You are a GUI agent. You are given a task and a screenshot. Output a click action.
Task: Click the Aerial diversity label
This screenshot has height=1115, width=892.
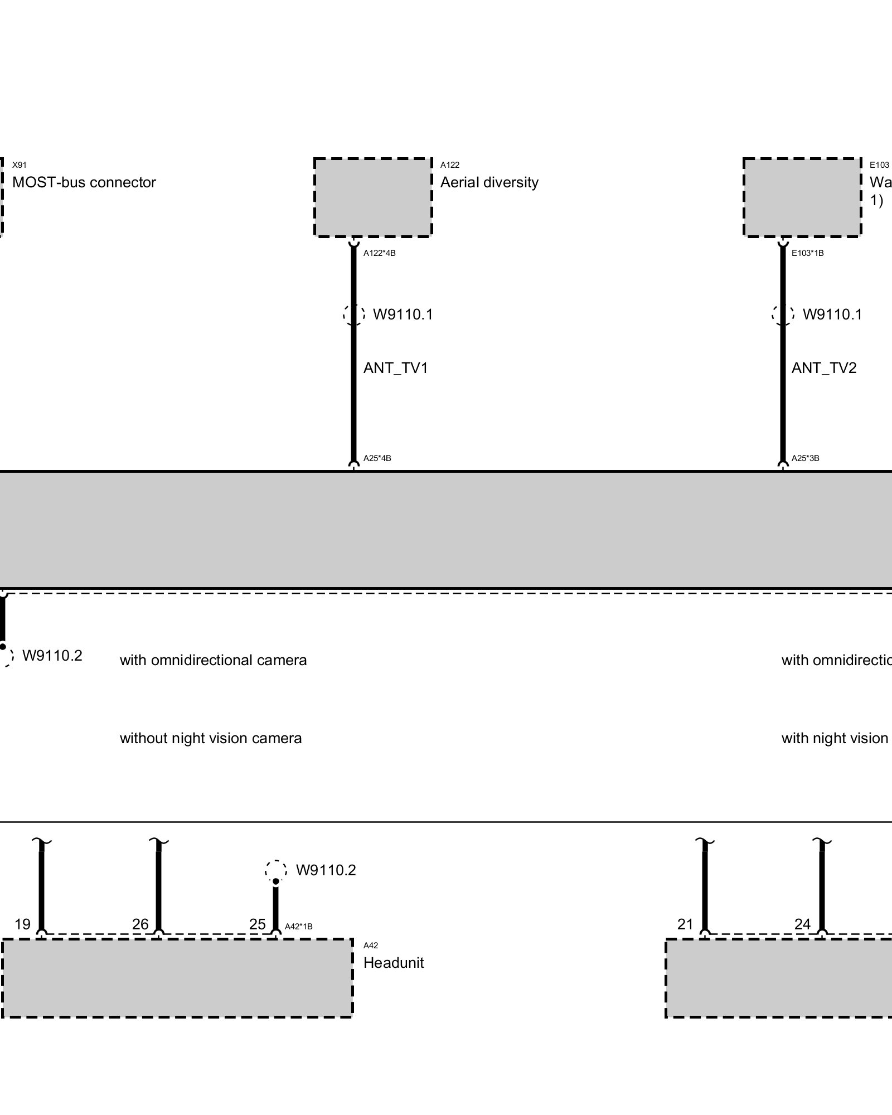[489, 183]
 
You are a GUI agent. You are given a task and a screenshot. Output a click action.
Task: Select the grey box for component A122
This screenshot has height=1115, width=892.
[373, 197]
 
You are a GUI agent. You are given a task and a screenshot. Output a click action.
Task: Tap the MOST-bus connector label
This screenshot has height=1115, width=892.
[84, 183]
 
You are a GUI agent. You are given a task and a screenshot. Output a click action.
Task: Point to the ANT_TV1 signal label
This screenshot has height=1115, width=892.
[395, 368]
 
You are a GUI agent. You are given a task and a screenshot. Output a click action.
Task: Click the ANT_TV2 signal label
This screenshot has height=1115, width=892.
[823, 368]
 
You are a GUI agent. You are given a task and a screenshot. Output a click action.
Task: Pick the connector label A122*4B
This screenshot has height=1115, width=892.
[379, 253]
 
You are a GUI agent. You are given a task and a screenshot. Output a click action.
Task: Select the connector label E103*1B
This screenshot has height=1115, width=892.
[807, 253]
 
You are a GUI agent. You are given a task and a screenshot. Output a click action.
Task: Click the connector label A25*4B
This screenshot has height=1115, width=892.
[377, 458]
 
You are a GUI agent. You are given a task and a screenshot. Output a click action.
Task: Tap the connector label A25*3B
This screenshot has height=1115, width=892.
[805, 458]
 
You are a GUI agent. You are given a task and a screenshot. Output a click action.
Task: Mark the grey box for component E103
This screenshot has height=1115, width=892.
[802, 197]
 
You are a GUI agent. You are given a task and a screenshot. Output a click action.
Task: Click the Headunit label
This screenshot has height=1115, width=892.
[393, 963]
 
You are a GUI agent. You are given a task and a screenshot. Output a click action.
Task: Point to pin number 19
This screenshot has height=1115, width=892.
[22, 924]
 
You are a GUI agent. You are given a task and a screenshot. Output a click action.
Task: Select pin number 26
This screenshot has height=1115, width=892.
[140, 924]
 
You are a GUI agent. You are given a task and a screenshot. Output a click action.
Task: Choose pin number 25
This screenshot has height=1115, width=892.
[257, 924]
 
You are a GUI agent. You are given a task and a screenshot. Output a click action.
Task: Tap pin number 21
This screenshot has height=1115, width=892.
[685, 924]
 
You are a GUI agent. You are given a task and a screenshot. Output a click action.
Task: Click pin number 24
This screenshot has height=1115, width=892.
[802, 924]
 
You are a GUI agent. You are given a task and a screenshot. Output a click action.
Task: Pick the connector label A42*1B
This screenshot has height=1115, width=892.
[298, 927]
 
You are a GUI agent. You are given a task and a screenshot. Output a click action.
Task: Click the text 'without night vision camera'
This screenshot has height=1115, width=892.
[211, 739]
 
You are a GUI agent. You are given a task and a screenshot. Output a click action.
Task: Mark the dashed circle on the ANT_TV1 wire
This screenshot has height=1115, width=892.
[353, 314]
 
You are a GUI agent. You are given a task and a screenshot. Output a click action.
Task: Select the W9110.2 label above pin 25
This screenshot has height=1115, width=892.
[326, 870]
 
